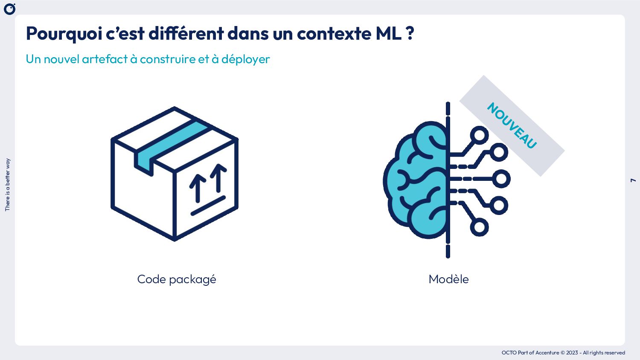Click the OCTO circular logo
[x=9, y=9]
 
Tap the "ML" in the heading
[x=388, y=34]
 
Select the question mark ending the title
[x=410, y=34]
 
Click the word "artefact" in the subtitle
[x=105, y=59]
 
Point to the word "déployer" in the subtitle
[x=245, y=59]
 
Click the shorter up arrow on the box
[x=198, y=188]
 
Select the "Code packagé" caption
[x=177, y=279]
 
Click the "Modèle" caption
[x=448, y=279]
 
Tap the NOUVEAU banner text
[x=512, y=125]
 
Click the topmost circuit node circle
[x=480, y=136]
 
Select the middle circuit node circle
[x=501, y=179]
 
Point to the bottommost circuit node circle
[x=480, y=227]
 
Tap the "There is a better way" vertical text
[x=7, y=185]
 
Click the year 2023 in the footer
[x=572, y=353]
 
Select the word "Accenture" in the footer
[x=547, y=353]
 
